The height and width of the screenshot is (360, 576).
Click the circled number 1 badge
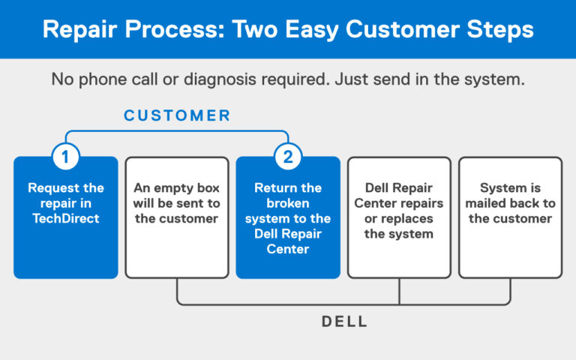click(x=66, y=157)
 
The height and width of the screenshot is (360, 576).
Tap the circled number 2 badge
click(x=288, y=157)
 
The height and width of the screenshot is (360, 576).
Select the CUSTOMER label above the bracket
click(x=177, y=115)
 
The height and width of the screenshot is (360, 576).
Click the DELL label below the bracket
click(x=344, y=322)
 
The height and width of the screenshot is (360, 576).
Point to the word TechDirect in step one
click(x=66, y=218)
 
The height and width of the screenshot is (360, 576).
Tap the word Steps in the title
click(x=500, y=30)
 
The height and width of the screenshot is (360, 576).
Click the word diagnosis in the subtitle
click(x=220, y=79)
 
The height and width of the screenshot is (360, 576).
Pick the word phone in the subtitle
click(x=103, y=79)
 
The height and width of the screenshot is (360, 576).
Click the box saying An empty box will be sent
click(x=177, y=217)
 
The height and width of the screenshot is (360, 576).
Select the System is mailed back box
click(x=510, y=217)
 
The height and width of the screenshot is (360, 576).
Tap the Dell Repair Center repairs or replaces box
click(x=399, y=217)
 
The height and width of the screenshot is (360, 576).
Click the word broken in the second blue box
click(x=288, y=203)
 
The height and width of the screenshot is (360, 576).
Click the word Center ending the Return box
click(x=288, y=249)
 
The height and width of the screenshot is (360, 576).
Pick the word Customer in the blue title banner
click(x=402, y=29)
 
